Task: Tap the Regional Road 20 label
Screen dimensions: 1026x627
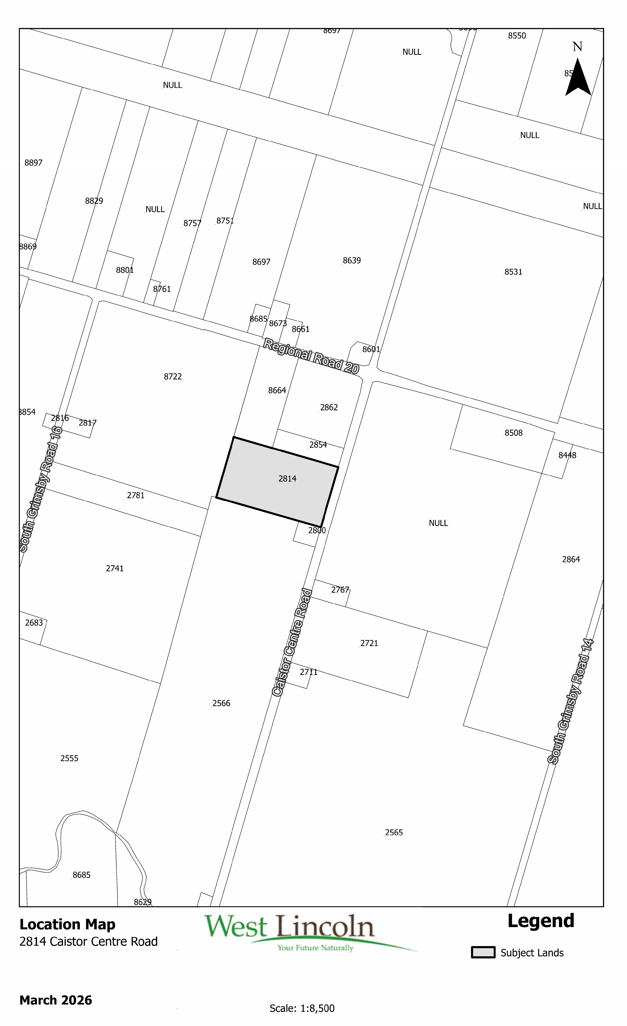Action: [x=311, y=356]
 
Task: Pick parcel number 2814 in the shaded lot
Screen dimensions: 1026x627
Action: [x=287, y=479]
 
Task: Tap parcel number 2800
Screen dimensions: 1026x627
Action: [x=317, y=531]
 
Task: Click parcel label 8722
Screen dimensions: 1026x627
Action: [x=173, y=377]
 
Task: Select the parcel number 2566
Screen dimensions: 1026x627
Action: [x=221, y=703]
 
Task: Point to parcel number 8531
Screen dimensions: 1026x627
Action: [x=513, y=272]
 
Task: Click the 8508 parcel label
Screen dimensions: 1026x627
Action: [x=513, y=433]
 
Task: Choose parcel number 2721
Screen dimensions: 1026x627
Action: [x=369, y=643]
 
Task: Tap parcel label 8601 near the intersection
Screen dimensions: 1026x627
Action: [x=371, y=349]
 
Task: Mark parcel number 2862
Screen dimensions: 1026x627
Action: [x=329, y=408]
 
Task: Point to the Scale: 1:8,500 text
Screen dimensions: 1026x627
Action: [x=302, y=1008]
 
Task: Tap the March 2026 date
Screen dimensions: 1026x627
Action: [x=56, y=1000]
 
